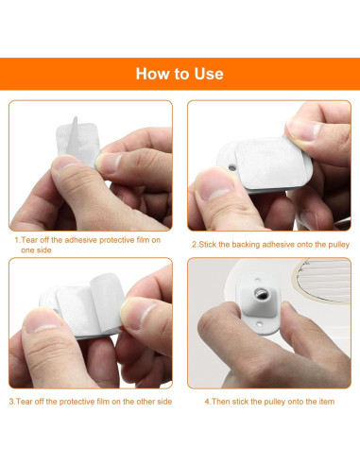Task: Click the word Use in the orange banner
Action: click(209, 74)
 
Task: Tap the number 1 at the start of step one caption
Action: click(17, 240)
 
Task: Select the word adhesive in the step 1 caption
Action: click(80, 240)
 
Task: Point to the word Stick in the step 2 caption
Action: click(208, 245)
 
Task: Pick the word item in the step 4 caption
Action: click(327, 402)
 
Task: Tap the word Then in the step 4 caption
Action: click(219, 402)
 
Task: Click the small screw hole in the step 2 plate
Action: click(232, 167)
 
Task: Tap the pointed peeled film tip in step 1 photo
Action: click(75, 119)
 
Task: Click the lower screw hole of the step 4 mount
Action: click(259, 323)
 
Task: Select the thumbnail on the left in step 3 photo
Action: click(42, 320)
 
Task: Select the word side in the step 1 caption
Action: click(45, 250)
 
